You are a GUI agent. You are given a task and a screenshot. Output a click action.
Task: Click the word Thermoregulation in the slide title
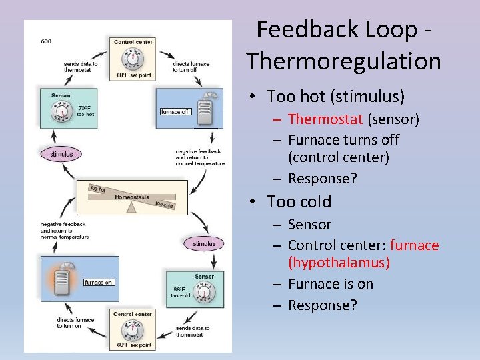pyautogui.click(x=344, y=61)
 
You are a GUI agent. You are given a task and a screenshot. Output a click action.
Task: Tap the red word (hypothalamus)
pyautogui.click(x=339, y=263)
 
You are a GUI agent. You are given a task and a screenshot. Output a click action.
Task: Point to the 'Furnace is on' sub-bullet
pyautogui.click(x=331, y=284)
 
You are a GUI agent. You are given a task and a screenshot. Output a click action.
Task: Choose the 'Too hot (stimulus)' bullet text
pyautogui.click(x=335, y=97)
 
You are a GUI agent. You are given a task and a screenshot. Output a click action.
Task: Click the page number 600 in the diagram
pyautogui.click(x=46, y=41)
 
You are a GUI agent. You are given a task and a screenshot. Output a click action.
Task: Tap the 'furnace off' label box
pyautogui.click(x=175, y=111)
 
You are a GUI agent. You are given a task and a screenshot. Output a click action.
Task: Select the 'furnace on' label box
pyautogui.click(x=98, y=282)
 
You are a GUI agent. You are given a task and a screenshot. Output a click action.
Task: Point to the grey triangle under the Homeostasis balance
pyautogui.click(x=131, y=207)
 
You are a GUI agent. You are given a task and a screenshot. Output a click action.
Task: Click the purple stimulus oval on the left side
pyautogui.click(x=61, y=154)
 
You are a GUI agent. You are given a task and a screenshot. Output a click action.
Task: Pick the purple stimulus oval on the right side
pyautogui.click(x=204, y=244)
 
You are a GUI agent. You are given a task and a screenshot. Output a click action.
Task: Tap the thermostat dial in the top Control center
pyautogui.click(x=133, y=59)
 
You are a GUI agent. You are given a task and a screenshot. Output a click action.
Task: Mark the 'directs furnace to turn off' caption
pyautogui.click(x=193, y=67)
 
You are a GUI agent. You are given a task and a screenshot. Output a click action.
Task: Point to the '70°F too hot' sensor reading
pyautogui.click(x=85, y=111)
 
